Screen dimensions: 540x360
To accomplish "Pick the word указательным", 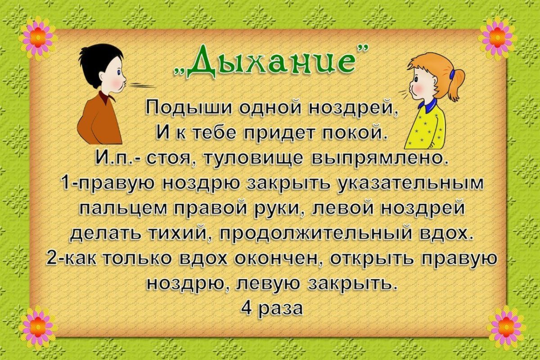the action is (x=411, y=184).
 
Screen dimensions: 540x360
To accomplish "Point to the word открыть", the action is (x=372, y=259).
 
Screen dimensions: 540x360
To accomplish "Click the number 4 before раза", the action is (x=246, y=308).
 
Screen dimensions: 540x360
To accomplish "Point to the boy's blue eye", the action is (x=119, y=72).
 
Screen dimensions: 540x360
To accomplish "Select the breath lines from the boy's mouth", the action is (x=142, y=85).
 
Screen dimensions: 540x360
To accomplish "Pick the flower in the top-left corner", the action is (x=38, y=39).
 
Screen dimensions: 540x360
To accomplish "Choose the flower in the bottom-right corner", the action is (x=506, y=327).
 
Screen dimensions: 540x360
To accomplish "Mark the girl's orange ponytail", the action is (x=456, y=86).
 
